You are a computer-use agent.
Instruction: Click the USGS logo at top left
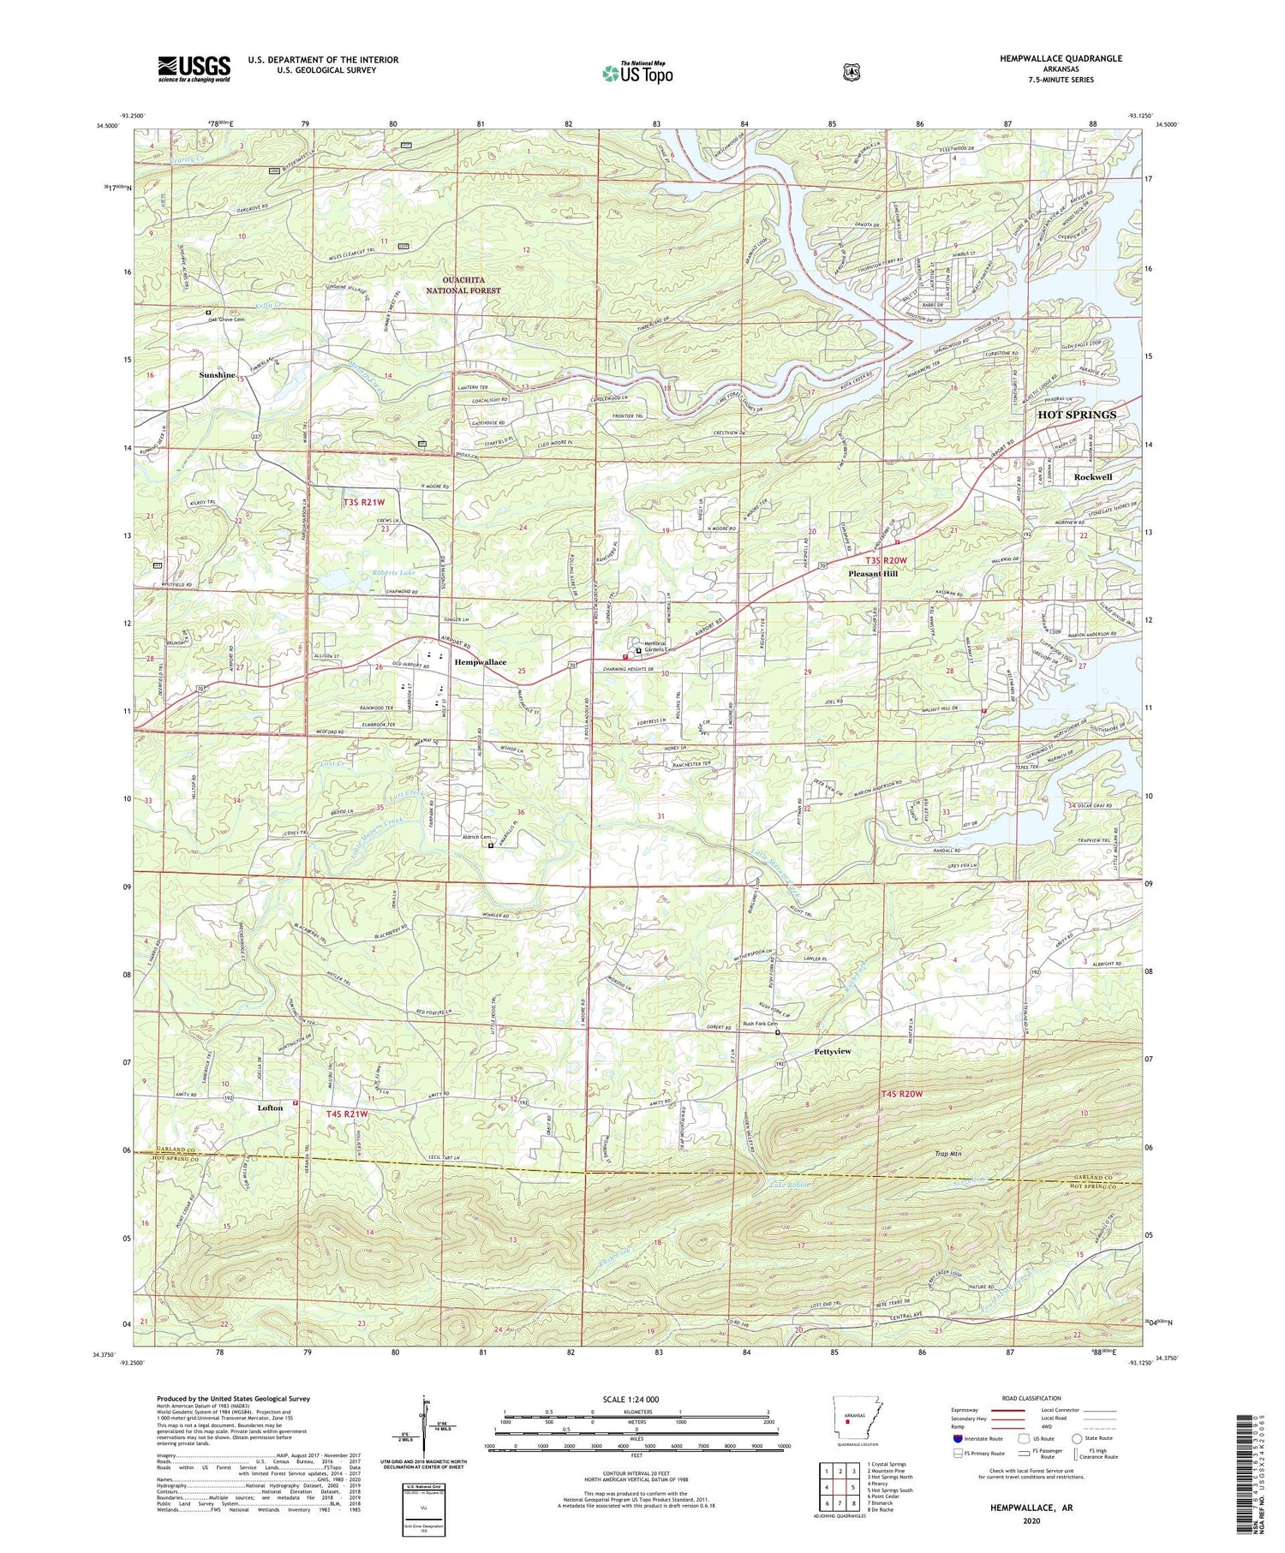click(194, 68)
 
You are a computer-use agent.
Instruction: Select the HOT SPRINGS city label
click(1077, 415)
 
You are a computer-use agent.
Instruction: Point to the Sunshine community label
click(217, 375)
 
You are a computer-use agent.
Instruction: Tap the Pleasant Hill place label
click(872, 573)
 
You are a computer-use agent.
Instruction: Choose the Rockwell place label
click(1093, 476)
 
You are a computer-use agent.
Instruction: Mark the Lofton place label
click(270, 1108)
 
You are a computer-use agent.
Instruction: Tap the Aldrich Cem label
click(475, 837)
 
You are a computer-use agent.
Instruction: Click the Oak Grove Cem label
click(236, 313)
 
